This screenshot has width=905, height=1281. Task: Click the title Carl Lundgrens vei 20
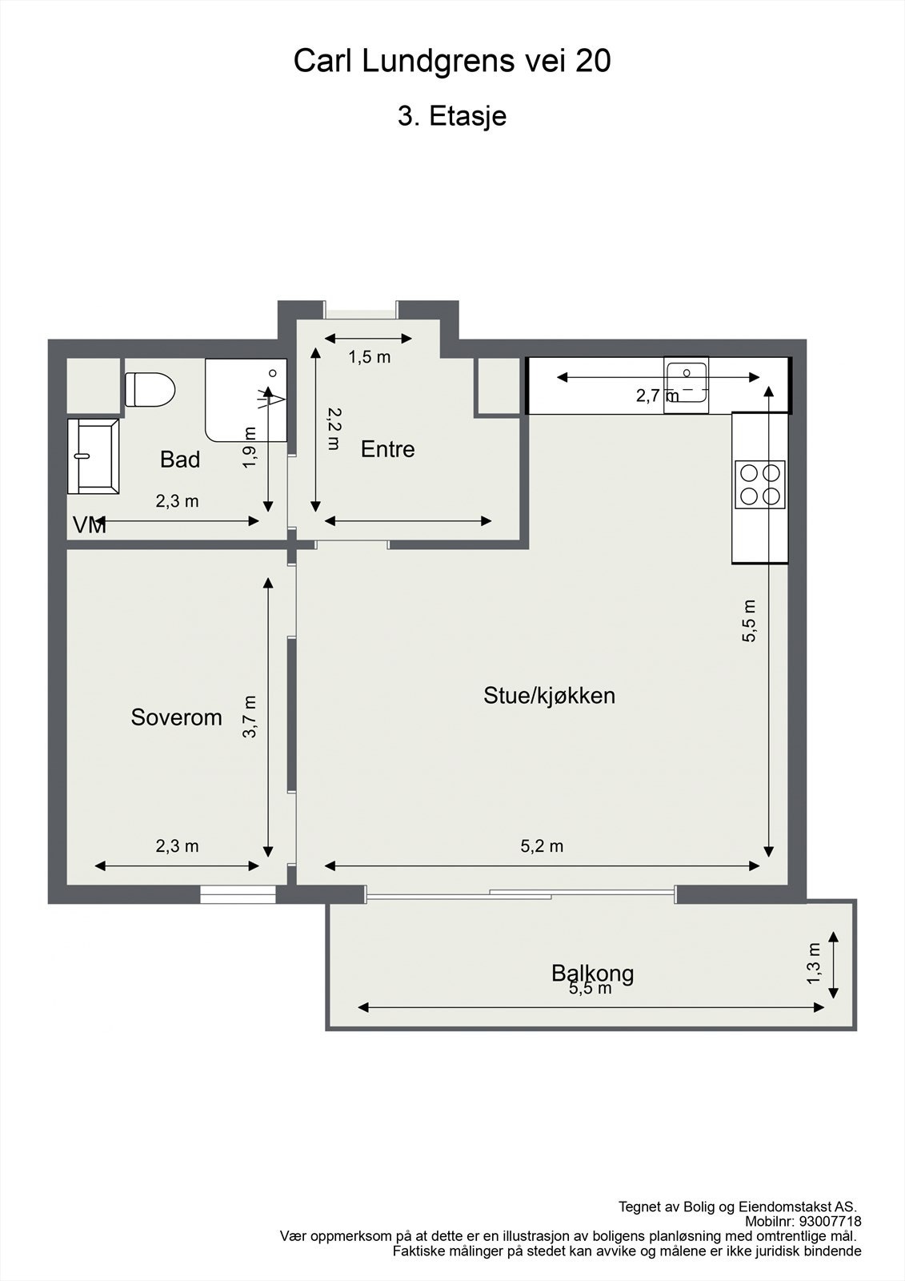(452, 62)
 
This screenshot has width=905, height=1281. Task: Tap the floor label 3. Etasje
(452, 116)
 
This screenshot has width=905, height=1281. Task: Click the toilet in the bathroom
(150, 390)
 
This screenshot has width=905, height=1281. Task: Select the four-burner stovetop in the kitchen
(759, 484)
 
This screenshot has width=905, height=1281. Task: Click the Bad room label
(180, 460)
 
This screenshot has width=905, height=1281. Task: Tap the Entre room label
(388, 449)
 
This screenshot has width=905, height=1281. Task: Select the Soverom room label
(176, 717)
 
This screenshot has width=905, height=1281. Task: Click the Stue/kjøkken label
(549, 695)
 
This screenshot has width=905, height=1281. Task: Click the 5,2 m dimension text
(542, 846)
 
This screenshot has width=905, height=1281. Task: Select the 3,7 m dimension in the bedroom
(250, 716)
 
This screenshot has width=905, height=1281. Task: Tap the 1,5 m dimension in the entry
(369, 357)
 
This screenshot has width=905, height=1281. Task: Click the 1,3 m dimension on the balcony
(815, 963)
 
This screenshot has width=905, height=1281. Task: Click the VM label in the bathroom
(89, 525)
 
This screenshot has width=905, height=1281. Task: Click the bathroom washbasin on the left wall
(93, 456)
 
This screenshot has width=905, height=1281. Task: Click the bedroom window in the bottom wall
(237, 894)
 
